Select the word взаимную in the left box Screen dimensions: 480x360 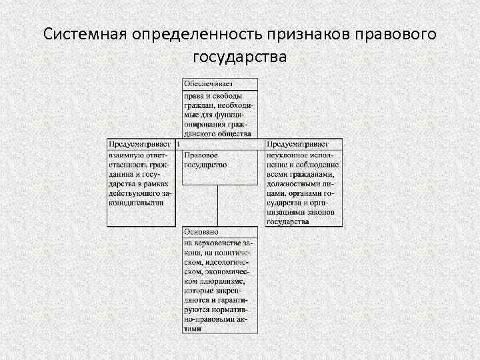tap(125, 155)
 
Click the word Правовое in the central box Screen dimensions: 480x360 tap(201, 155)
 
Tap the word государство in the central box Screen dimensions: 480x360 tap(205, 164)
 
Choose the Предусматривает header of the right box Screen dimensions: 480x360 tap(297, 144)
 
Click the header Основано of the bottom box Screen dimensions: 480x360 tap(201, 231)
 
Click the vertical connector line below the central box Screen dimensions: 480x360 tap(218, 205)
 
